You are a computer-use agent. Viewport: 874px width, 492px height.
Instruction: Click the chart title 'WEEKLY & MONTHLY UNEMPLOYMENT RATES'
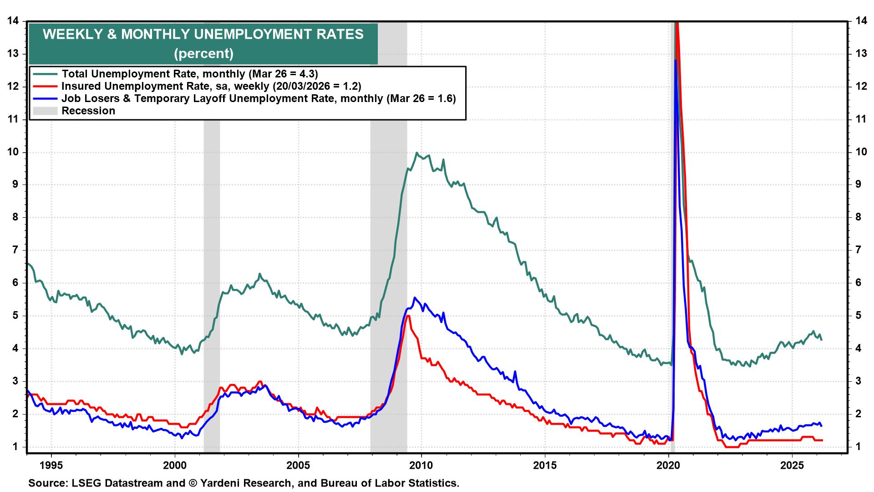click(x=203, y=35)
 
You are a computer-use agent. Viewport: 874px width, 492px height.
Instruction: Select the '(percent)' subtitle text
click(x=203, y=53)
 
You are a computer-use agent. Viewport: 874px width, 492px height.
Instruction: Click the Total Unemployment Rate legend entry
click(x=189, y=74)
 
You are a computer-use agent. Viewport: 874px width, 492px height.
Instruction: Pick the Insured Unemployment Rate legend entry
click(x=211, y=86)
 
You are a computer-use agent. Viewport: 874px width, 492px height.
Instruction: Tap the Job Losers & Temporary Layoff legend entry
click(x=259, y=98)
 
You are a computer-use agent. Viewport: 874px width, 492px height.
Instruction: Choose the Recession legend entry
click(x=88, y=111)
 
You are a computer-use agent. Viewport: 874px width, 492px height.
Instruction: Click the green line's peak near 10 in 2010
click(x=416, y=153)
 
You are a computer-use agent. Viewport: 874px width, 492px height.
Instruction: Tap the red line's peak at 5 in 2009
click(x=408, y=316)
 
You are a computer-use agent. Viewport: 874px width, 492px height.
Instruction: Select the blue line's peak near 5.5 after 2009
click(x=414, y=298)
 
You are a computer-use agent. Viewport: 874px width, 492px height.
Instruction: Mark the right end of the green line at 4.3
click(x=822, y=339)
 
